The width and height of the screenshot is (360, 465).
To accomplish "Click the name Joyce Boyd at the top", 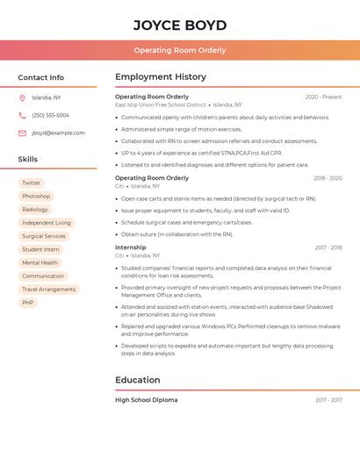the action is [180, 25].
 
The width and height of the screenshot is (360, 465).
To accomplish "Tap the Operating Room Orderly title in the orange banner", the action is [180, 51].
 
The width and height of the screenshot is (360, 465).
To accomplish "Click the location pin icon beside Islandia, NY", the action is [22, 97].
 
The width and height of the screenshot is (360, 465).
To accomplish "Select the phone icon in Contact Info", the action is [22, 115].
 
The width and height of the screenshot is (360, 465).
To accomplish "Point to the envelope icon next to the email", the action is [22, 133].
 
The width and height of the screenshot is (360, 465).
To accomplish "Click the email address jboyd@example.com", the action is [58, 133].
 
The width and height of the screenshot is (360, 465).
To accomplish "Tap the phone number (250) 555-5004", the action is [50, 115].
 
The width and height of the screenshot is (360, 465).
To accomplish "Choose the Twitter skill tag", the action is [32, 183].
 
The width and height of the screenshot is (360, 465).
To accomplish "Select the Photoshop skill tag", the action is [36, 197].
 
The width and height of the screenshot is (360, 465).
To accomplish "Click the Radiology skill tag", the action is [35, 210].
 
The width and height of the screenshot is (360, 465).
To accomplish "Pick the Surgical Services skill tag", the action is [44, 236].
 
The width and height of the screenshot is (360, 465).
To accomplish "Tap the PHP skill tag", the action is [28, 303].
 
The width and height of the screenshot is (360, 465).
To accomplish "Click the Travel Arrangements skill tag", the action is [49, 290].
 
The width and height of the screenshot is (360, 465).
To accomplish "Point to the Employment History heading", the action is [161, 77].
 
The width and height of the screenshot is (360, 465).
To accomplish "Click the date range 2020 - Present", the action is [323, 97].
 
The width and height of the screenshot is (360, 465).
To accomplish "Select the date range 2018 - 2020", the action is [328, 178].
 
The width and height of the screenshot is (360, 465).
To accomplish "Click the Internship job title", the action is [131, 247].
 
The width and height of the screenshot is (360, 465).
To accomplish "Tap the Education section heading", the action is [138, 380].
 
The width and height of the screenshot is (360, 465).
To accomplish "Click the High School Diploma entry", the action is [146, 400].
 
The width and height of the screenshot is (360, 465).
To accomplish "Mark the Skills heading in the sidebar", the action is [28, 160].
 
